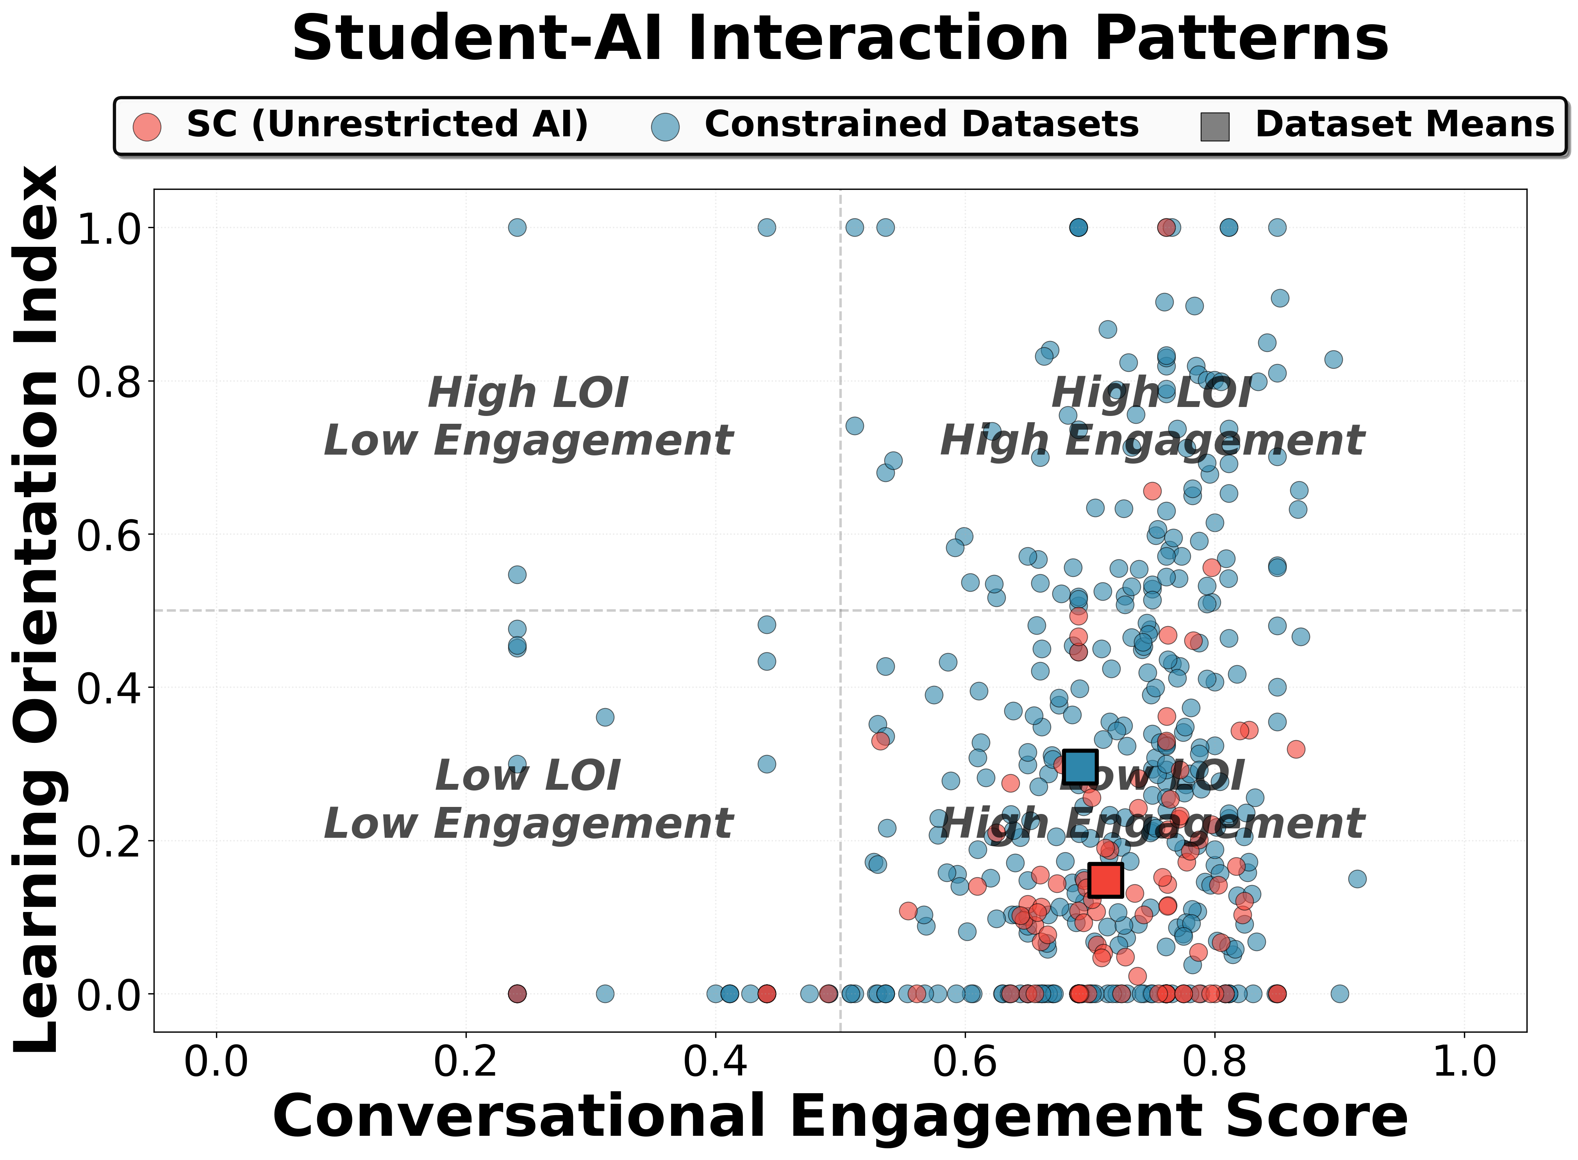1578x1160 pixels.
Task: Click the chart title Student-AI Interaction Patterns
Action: [840, 39]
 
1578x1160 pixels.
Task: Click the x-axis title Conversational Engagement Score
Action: [840, 1117]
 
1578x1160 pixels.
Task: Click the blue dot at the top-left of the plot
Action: [517, 227]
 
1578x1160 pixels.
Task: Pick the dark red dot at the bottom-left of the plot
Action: [517, 994]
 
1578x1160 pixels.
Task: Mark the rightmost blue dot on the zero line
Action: [1339, 994]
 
